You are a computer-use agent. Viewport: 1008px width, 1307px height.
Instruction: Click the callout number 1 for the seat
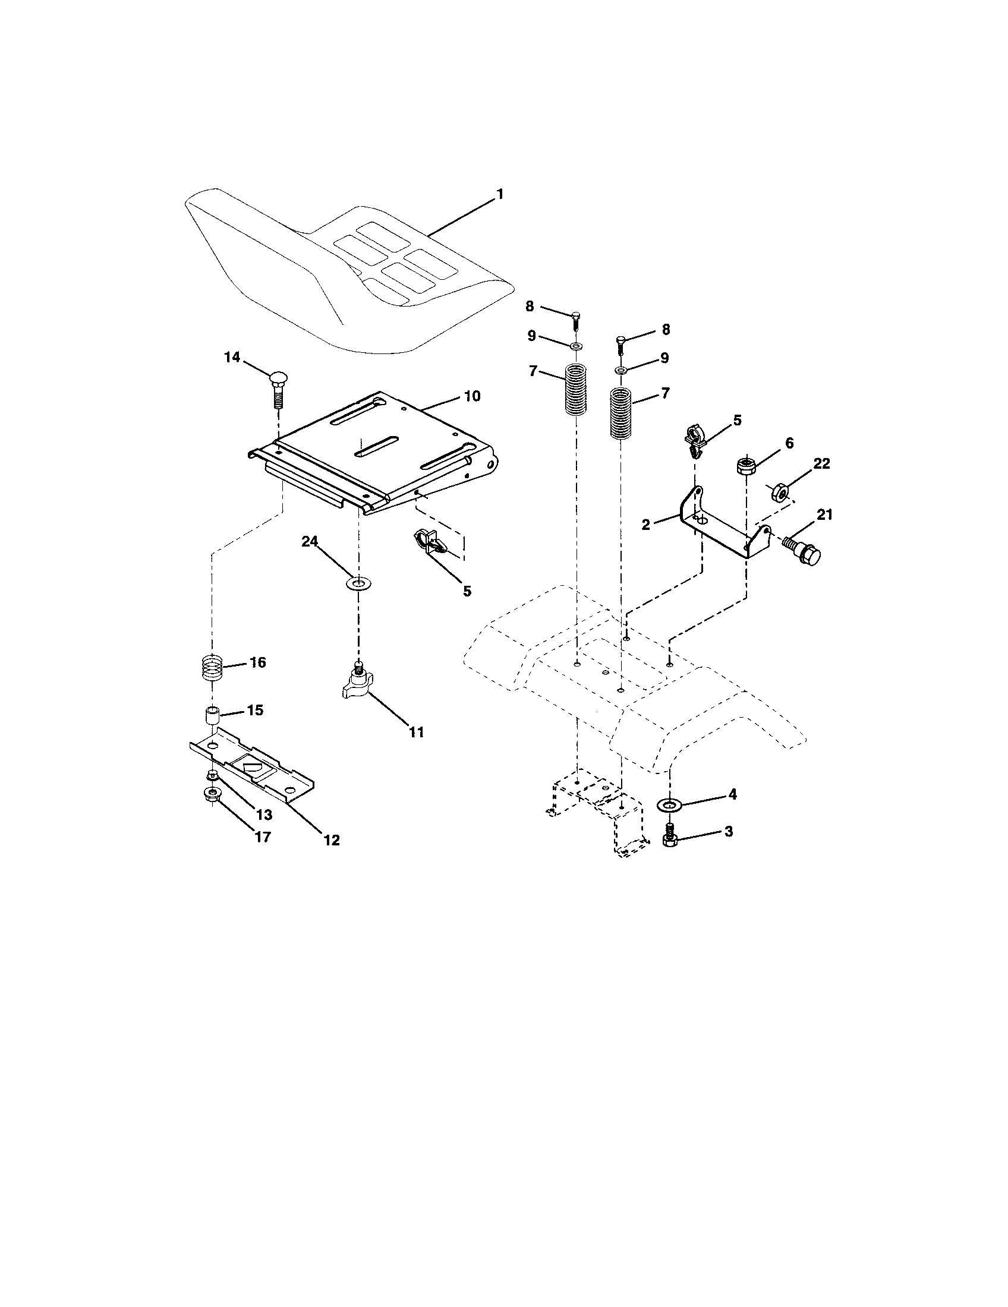[x=499, y=194]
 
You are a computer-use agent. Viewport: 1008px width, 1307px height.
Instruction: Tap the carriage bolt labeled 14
[x=278, y=388]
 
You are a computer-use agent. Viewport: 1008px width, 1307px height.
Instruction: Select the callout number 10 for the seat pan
[x=472, y=396]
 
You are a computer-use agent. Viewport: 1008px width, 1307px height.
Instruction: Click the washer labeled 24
[x=358, y=582]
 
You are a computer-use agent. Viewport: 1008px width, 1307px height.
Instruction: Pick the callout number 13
[x=264, y=814]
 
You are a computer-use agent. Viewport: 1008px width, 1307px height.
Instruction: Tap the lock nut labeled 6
[x=745, y=466]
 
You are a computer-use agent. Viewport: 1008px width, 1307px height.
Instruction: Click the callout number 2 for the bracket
[x=645, y=525]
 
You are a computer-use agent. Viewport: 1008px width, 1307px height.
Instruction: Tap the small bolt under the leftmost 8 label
[x=575, y=320]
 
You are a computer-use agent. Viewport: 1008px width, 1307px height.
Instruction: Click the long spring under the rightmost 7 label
[x=621, y=414]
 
